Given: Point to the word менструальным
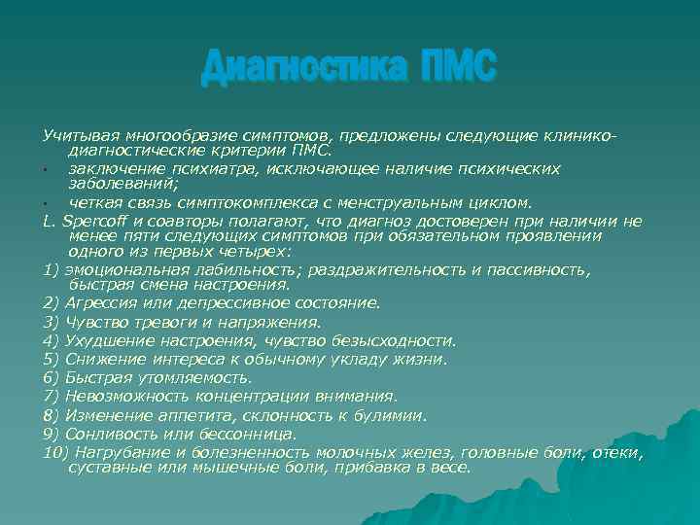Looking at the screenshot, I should pos(428,203).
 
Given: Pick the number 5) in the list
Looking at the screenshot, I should pos(52,359).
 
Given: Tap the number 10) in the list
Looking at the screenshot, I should pos(55,452).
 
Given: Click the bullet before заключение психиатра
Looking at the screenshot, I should pos(47,171).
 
